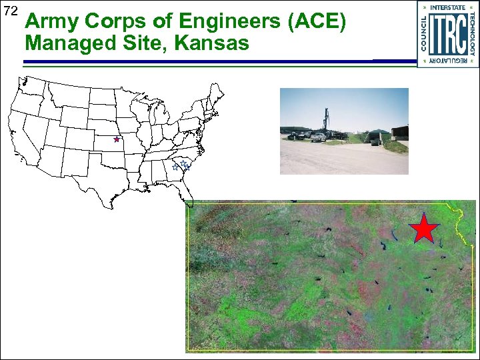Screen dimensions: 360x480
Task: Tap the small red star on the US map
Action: pos(116,139)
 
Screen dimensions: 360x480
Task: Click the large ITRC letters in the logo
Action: pos(447,34)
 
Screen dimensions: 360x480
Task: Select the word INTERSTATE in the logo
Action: pos(447,8)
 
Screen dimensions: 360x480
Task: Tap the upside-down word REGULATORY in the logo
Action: pos(447,61)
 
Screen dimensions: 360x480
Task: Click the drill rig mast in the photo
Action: pos(326,121)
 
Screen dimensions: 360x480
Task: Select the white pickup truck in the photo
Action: pos(318,137)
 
